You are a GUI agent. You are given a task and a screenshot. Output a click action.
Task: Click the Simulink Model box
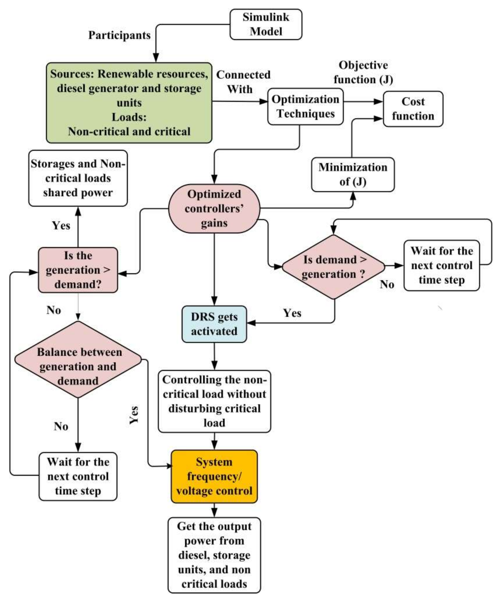(266, 24)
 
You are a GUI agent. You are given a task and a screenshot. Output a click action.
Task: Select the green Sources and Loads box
(129, 103)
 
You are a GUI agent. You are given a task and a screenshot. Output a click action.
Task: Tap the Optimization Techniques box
(305, 106)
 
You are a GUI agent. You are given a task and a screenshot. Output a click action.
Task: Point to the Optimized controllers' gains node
(214, 208)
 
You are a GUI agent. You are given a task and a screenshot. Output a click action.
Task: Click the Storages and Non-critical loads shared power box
(78, 178)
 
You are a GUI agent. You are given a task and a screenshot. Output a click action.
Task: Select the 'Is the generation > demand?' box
(78, 270)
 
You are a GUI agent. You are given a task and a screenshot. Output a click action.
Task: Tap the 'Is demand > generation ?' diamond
(334, 267)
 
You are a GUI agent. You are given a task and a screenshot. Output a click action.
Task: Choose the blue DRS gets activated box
(214, 324)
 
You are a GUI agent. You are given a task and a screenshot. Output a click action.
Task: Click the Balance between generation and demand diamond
(78, 359)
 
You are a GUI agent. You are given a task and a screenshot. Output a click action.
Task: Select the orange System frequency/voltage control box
(214, 477)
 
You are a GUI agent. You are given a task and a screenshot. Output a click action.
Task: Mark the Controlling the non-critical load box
(214, 401)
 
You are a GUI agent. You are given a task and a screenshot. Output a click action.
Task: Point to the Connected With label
(243, 82)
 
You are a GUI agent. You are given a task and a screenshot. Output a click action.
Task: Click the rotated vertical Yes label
(134, 415)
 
